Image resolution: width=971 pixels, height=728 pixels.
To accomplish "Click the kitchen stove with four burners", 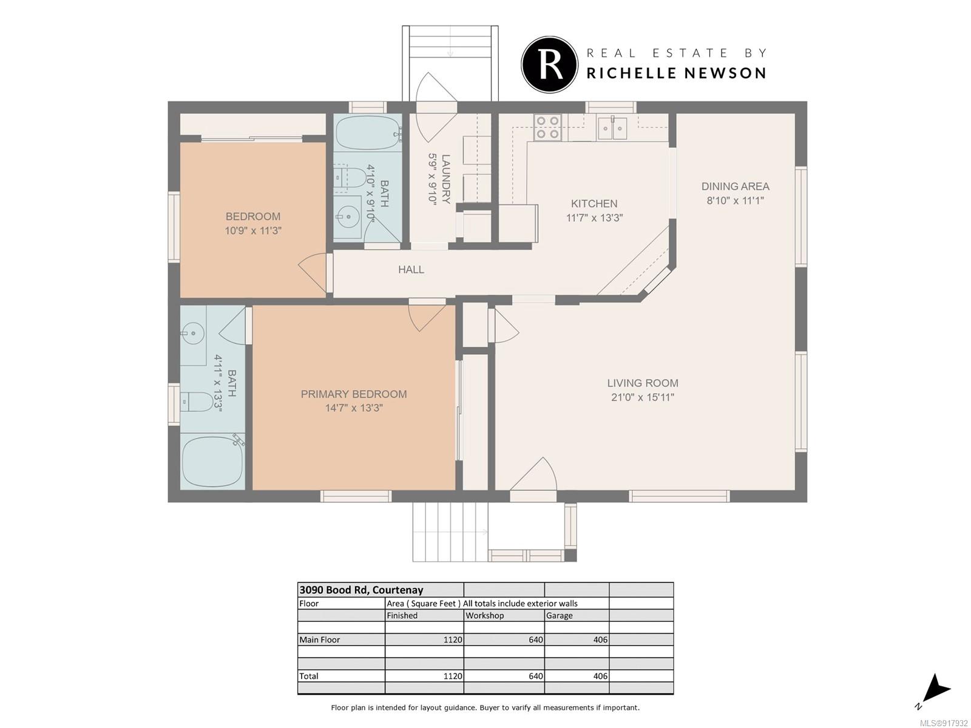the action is (547, 127).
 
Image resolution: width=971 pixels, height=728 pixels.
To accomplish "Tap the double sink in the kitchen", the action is (612, 128).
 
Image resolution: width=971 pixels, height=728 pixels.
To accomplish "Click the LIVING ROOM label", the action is (642, 383).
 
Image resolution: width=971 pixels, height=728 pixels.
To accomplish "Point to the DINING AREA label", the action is (735, 186).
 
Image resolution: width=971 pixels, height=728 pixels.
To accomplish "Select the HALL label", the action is (411, 269).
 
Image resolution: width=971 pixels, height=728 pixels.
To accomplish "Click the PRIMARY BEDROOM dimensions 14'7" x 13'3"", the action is (354, 408).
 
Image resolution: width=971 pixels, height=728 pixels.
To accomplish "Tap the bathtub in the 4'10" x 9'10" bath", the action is (368, 133).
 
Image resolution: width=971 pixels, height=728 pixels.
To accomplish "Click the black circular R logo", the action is (549, 64).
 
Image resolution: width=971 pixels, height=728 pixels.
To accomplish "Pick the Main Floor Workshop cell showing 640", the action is (536, 639).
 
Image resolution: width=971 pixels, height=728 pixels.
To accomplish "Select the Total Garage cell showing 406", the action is (600, 676).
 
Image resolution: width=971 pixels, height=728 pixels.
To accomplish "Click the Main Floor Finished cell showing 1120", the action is (453, 639).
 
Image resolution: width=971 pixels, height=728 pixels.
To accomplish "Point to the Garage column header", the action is (559, 615).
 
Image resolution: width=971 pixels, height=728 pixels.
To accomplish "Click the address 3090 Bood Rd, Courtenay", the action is (361, 590).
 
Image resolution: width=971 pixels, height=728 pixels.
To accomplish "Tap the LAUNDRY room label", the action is (445, 179).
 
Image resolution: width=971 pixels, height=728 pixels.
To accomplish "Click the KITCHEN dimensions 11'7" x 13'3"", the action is (594, 217).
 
